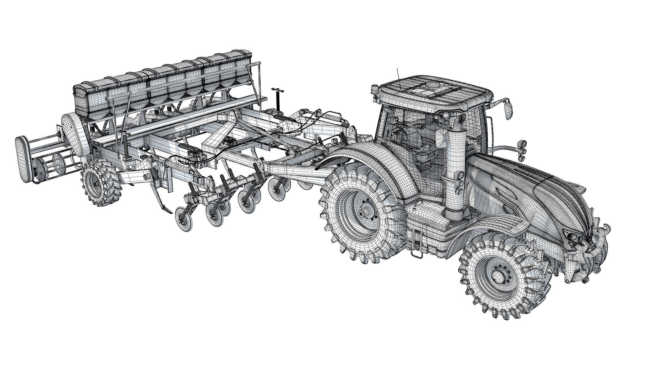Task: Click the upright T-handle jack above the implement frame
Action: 276,99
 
